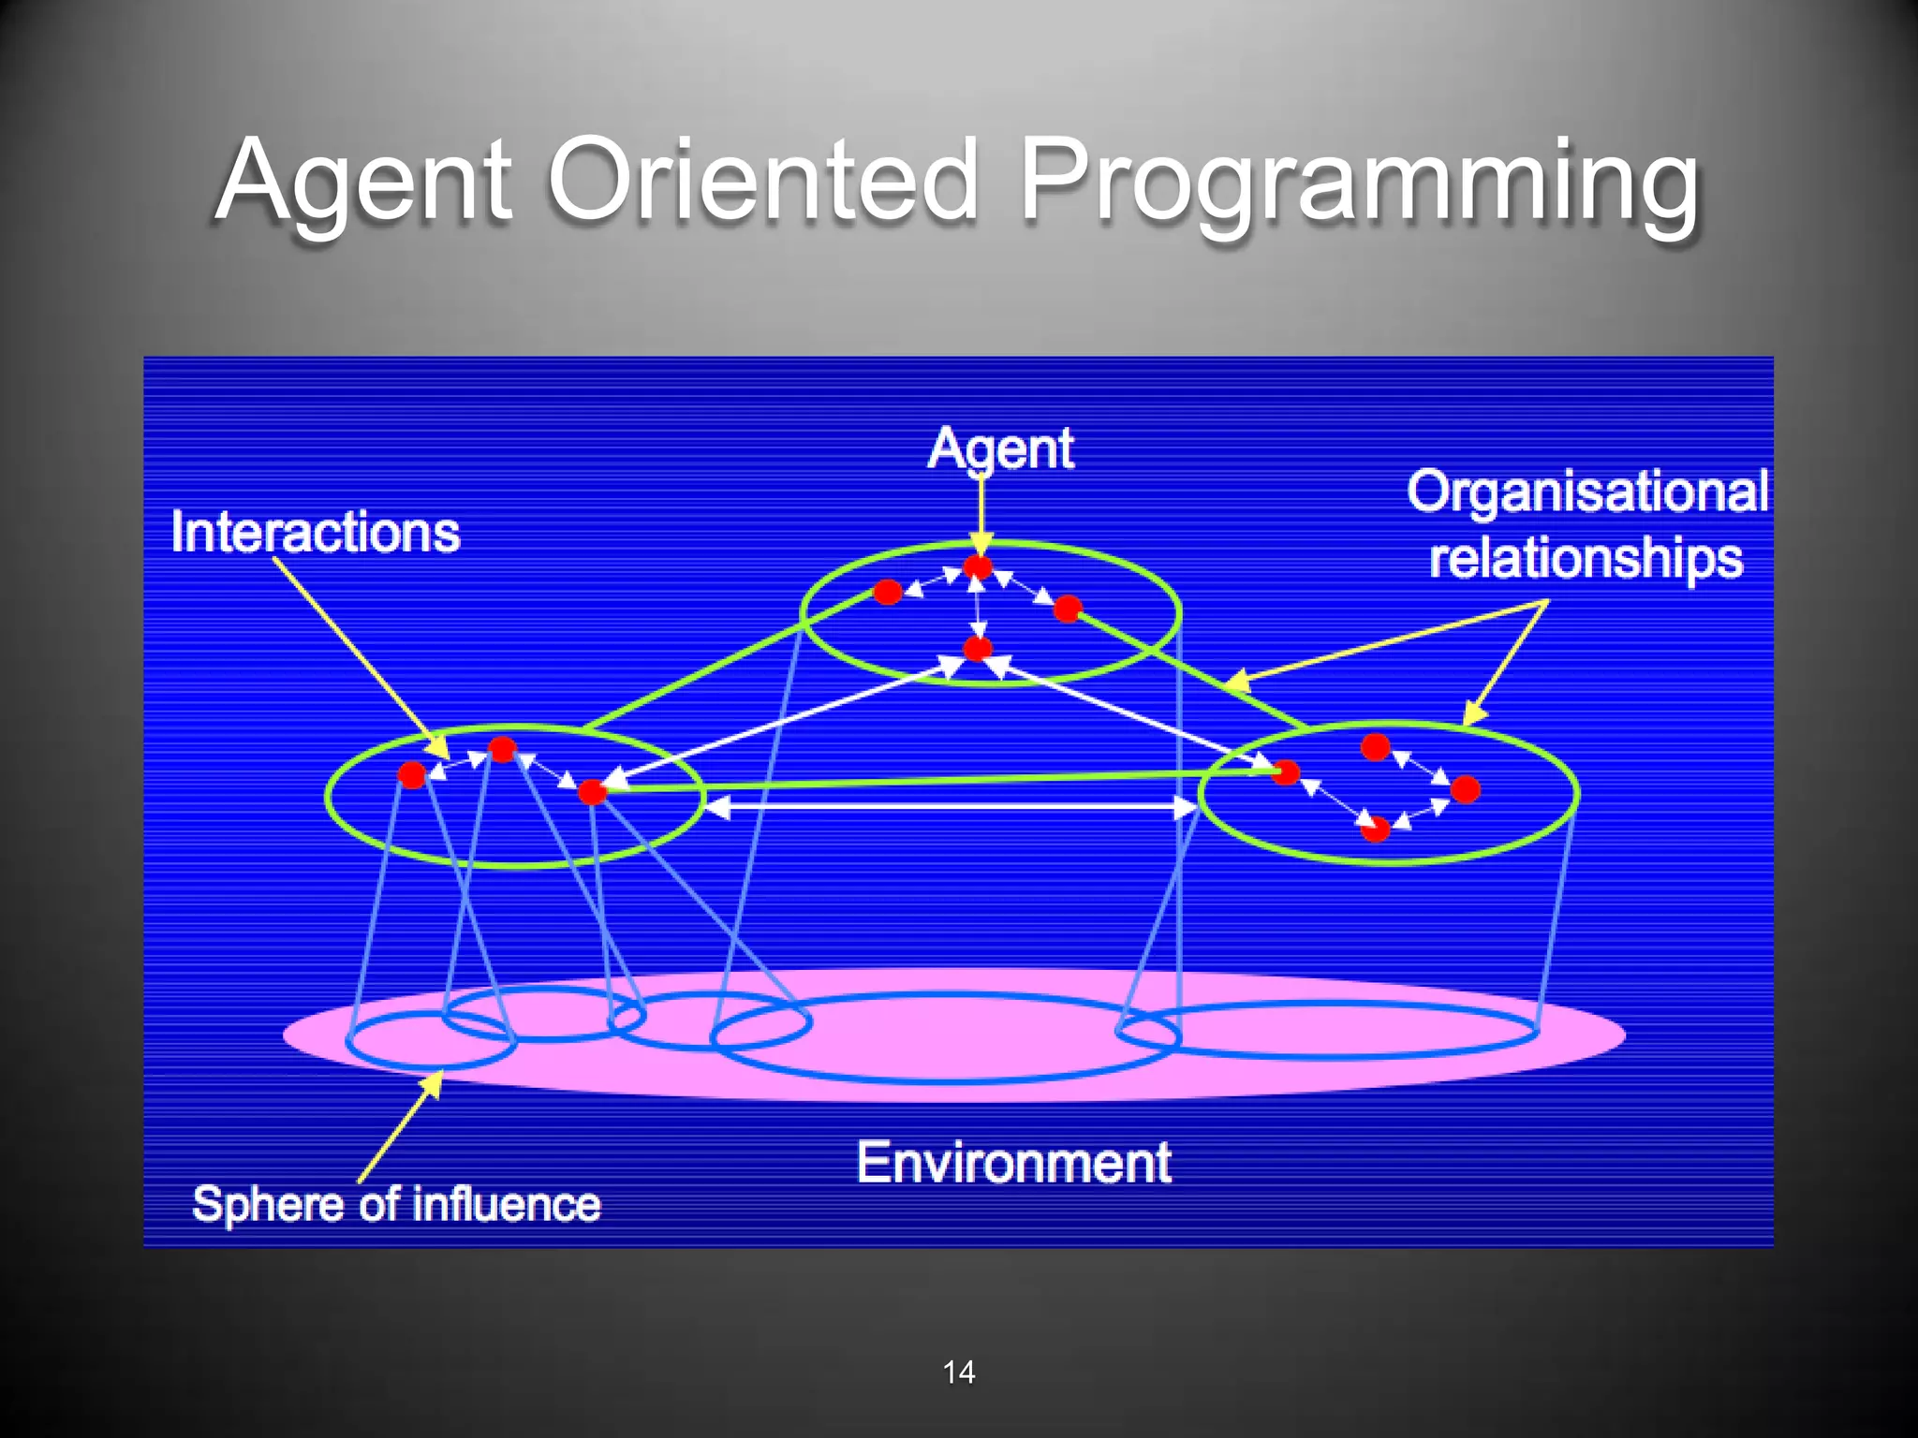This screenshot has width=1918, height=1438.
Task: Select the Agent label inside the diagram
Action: (x=1000, y=449)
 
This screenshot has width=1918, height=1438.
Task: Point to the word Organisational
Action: (x=1587, y=491)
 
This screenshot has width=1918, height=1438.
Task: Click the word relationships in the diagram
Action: (x=1586, y=558)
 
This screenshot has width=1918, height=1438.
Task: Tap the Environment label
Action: (x=1013, y=1163)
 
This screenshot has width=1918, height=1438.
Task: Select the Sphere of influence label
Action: (x=396, y=1204)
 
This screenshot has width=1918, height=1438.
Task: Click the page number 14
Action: (x=958, y=1372)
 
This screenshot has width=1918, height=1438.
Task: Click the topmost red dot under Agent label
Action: (x=978, y=567)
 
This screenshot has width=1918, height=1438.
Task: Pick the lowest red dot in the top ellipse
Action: (x=978, y=648)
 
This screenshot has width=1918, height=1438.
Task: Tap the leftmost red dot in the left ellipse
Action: (x=412, y=774)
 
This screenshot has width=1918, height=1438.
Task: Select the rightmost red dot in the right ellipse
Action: (x=1466, y=789)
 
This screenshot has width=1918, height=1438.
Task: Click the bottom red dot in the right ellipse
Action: (x=1375, y=829)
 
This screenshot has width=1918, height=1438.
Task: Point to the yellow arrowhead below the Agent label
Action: (x=981, y=543)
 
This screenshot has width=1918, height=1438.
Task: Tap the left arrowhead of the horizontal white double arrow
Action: (x=716, y=806)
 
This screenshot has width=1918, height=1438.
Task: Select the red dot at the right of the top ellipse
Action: (x=1068, y=609)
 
